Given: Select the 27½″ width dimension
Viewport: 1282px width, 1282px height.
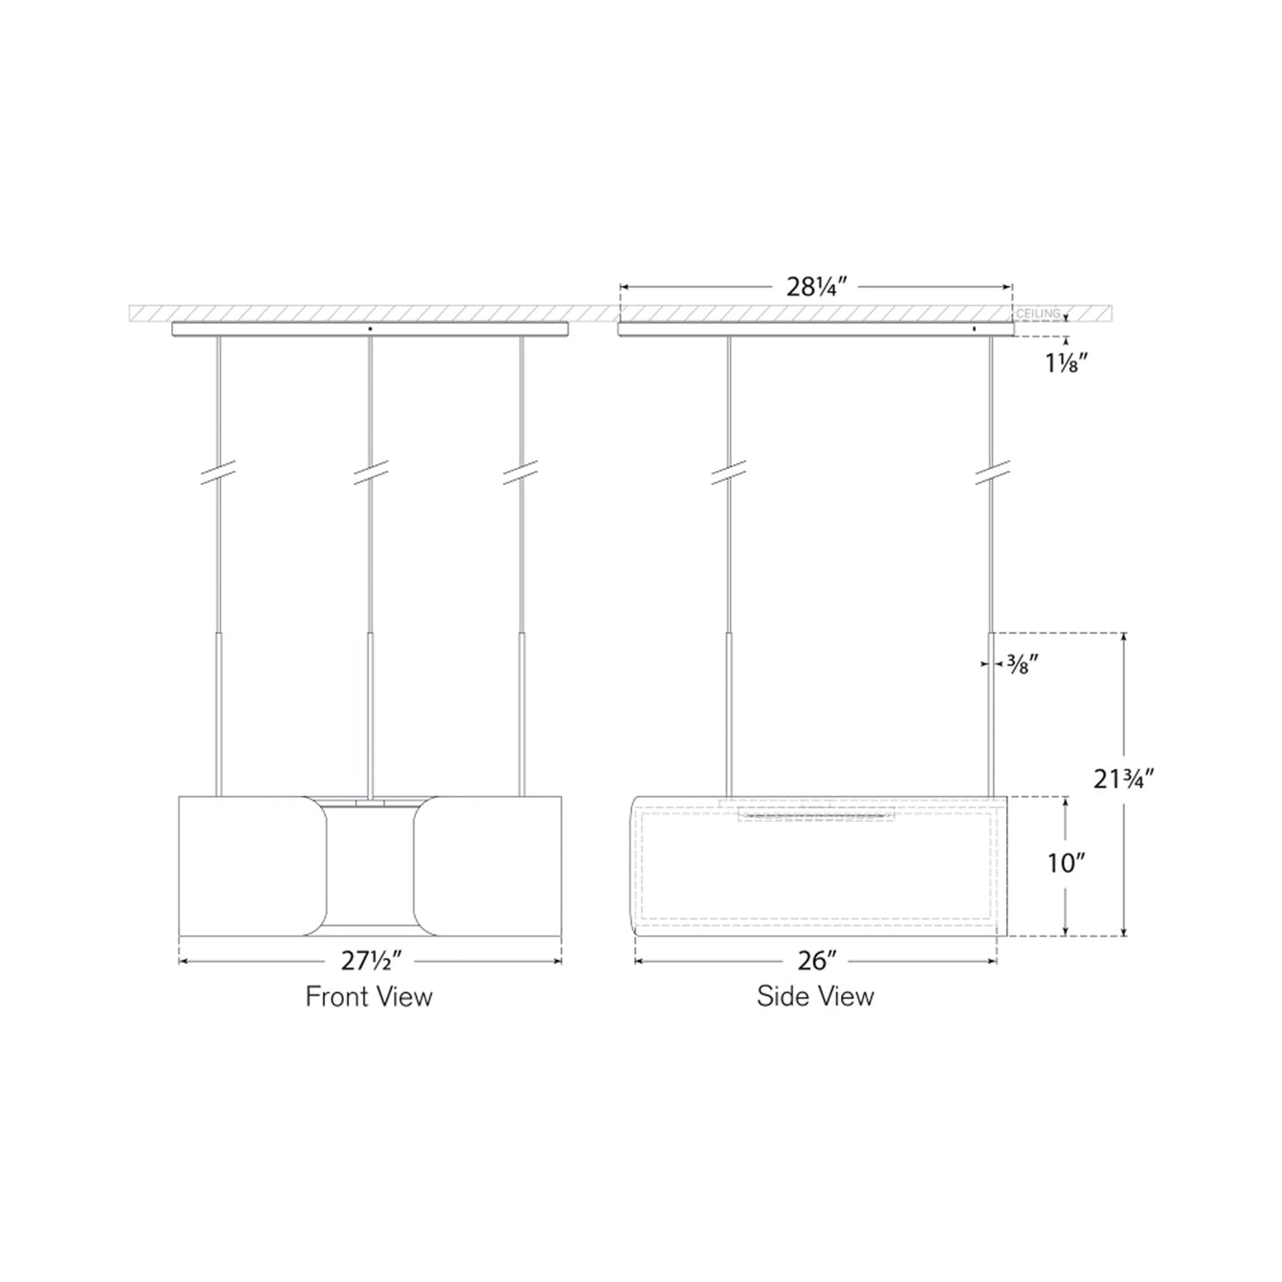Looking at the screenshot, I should (x=370, y=961).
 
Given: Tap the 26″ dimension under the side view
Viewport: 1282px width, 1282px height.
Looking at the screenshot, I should (x=817, y=961).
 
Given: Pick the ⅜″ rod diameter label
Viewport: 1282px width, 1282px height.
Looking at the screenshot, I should (x=1017, y=665).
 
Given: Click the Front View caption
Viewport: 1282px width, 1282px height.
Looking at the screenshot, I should (x=369, y=996).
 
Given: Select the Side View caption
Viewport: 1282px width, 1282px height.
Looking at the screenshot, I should (x=815, y=996).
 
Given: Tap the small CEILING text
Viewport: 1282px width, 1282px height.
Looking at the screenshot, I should (x=1037, y=314).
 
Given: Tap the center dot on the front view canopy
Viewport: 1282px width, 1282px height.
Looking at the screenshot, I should (x=371, y=328).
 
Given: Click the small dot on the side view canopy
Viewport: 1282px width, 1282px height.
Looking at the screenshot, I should (x=975, y=328).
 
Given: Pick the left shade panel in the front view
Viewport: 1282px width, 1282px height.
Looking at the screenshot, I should (x=251, y=865).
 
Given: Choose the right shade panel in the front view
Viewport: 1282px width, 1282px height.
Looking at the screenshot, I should (x=489, y=865).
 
